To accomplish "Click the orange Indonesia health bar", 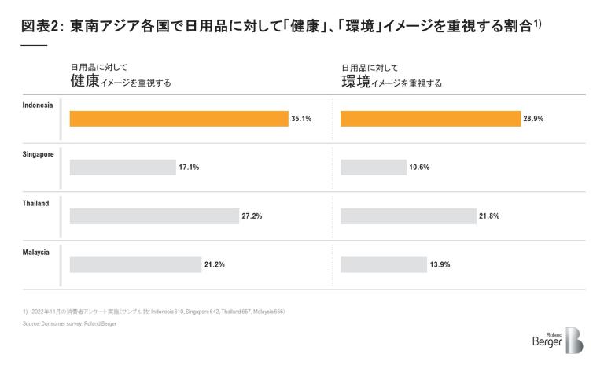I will [x=179, y=118].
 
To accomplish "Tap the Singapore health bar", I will [x=123, y=167].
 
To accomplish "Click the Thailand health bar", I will [x=154, y=216].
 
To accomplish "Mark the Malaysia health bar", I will [x=135, y=264].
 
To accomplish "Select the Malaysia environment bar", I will [x=383, y=264].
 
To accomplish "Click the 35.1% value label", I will [x=302, y=119].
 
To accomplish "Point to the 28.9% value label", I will [x=534, y=119].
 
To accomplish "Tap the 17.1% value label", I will [x=189, y=168].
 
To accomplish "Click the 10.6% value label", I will [x=419, y=168].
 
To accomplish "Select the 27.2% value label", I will [x=252, y=216].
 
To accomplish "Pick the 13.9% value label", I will [x=440, y=265].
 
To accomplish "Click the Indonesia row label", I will [x=38, y=105].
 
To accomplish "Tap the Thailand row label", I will [x=35, y=203].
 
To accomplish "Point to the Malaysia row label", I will [x=36, y=252].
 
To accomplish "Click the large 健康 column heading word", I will [x=85, y=81].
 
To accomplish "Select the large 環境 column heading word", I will [x=355, y=81].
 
